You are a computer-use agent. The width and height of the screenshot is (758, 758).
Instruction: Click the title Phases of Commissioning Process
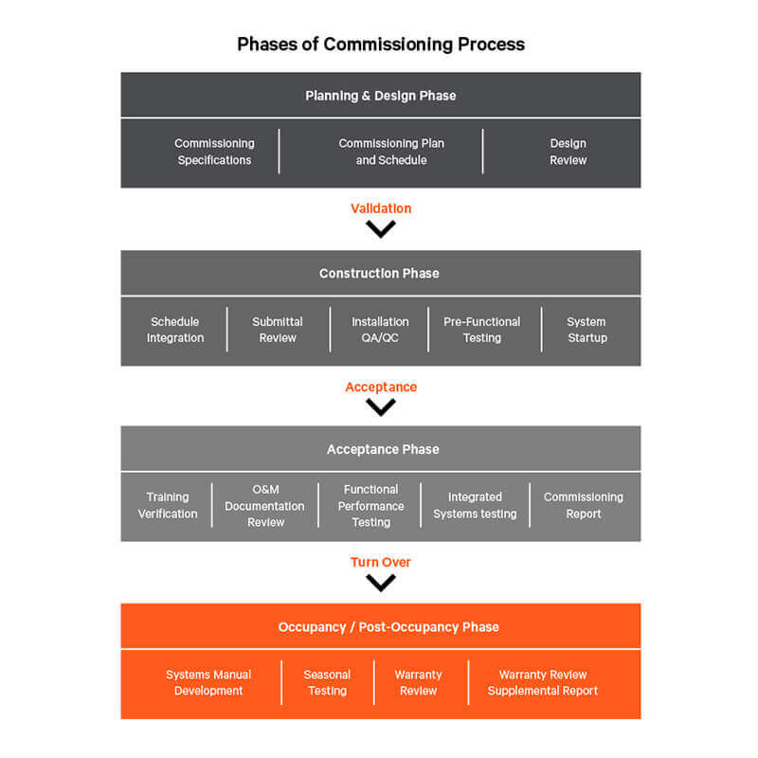coord(380,45)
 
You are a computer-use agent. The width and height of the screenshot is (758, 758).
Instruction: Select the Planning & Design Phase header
coord(380,96)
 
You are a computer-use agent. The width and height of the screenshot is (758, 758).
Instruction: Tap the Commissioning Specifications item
coord(214,152)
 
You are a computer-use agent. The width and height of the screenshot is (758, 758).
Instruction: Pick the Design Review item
coord(568,152)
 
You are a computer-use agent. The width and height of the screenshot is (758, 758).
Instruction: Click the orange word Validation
coord(381,208)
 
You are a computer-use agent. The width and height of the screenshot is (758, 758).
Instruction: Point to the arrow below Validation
coord(381,228)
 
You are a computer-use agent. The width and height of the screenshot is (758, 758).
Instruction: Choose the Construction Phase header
coord(379,273)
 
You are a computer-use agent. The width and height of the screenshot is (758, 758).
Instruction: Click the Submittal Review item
coord(278,330)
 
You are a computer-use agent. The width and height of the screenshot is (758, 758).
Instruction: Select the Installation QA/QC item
coord(380,330)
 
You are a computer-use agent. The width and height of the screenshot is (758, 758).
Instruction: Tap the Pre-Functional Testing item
coord(481,330)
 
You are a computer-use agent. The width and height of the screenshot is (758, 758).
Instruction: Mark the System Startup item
coord(587,330)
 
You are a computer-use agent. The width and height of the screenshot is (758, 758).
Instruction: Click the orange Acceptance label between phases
coord(381,387)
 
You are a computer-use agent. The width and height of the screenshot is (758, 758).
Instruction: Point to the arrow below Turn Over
coord(381,583)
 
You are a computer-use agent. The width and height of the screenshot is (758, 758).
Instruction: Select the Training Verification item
coord(168,505)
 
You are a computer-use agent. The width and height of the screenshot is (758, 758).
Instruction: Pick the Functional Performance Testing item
coord(371,506)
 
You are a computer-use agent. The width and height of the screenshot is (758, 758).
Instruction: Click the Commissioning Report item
coord(583,505)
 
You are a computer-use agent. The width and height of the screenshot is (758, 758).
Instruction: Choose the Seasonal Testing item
coord(327,682)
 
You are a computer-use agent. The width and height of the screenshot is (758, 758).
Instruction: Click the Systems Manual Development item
coord(208,682)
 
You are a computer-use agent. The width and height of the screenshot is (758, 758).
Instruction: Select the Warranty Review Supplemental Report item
coord(543,682)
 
